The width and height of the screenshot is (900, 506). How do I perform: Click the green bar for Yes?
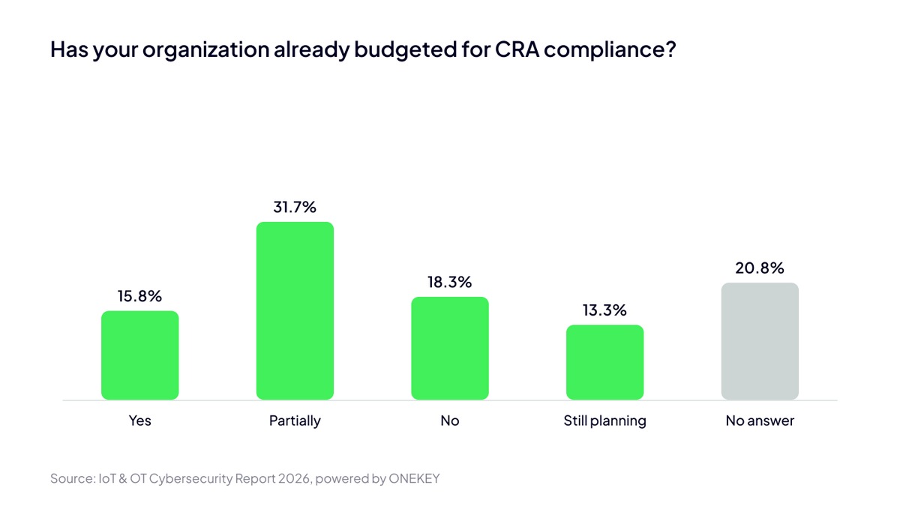[139, 355]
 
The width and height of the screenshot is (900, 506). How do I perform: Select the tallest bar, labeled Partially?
[295, 310]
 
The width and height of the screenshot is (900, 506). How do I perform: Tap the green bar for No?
[450, 348]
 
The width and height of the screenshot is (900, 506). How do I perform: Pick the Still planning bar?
[604, 362]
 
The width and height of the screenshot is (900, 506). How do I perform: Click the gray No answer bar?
[760, 341]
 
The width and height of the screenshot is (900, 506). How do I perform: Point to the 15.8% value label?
[139, 296]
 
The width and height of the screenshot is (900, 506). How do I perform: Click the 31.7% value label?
[295, 207]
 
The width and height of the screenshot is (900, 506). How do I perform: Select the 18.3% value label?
[449, 283]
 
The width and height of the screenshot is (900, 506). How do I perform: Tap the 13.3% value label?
[604, 310]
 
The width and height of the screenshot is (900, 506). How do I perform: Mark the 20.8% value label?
[759, 268]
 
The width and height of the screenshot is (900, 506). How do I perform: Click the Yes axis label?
[139, 421]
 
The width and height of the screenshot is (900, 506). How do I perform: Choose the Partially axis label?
[295, 421]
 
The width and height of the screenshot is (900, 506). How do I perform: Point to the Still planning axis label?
[604, 421]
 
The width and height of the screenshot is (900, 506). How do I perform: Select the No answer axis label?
[760, 421]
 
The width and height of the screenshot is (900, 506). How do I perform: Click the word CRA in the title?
[517, 49]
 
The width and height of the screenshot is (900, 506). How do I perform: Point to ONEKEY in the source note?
[414, 479]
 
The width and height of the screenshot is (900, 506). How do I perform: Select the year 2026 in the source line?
[294, 479]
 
